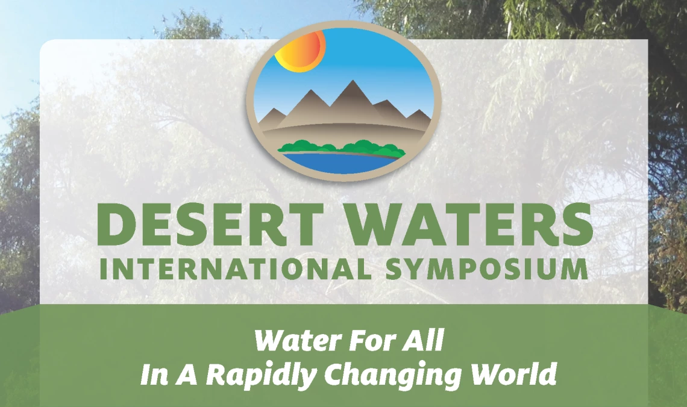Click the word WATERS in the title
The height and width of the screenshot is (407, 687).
click(x=470, y=225)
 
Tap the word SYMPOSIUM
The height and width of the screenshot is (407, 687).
click(x=486, y=269)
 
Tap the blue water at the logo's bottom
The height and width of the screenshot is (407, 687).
click(x=339, y=161)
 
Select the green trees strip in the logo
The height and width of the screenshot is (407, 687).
click(x=341, y=148)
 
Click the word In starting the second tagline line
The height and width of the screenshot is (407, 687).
click(x=154, y=374)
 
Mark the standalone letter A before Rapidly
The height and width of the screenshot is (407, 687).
click(x=187, y=374)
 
